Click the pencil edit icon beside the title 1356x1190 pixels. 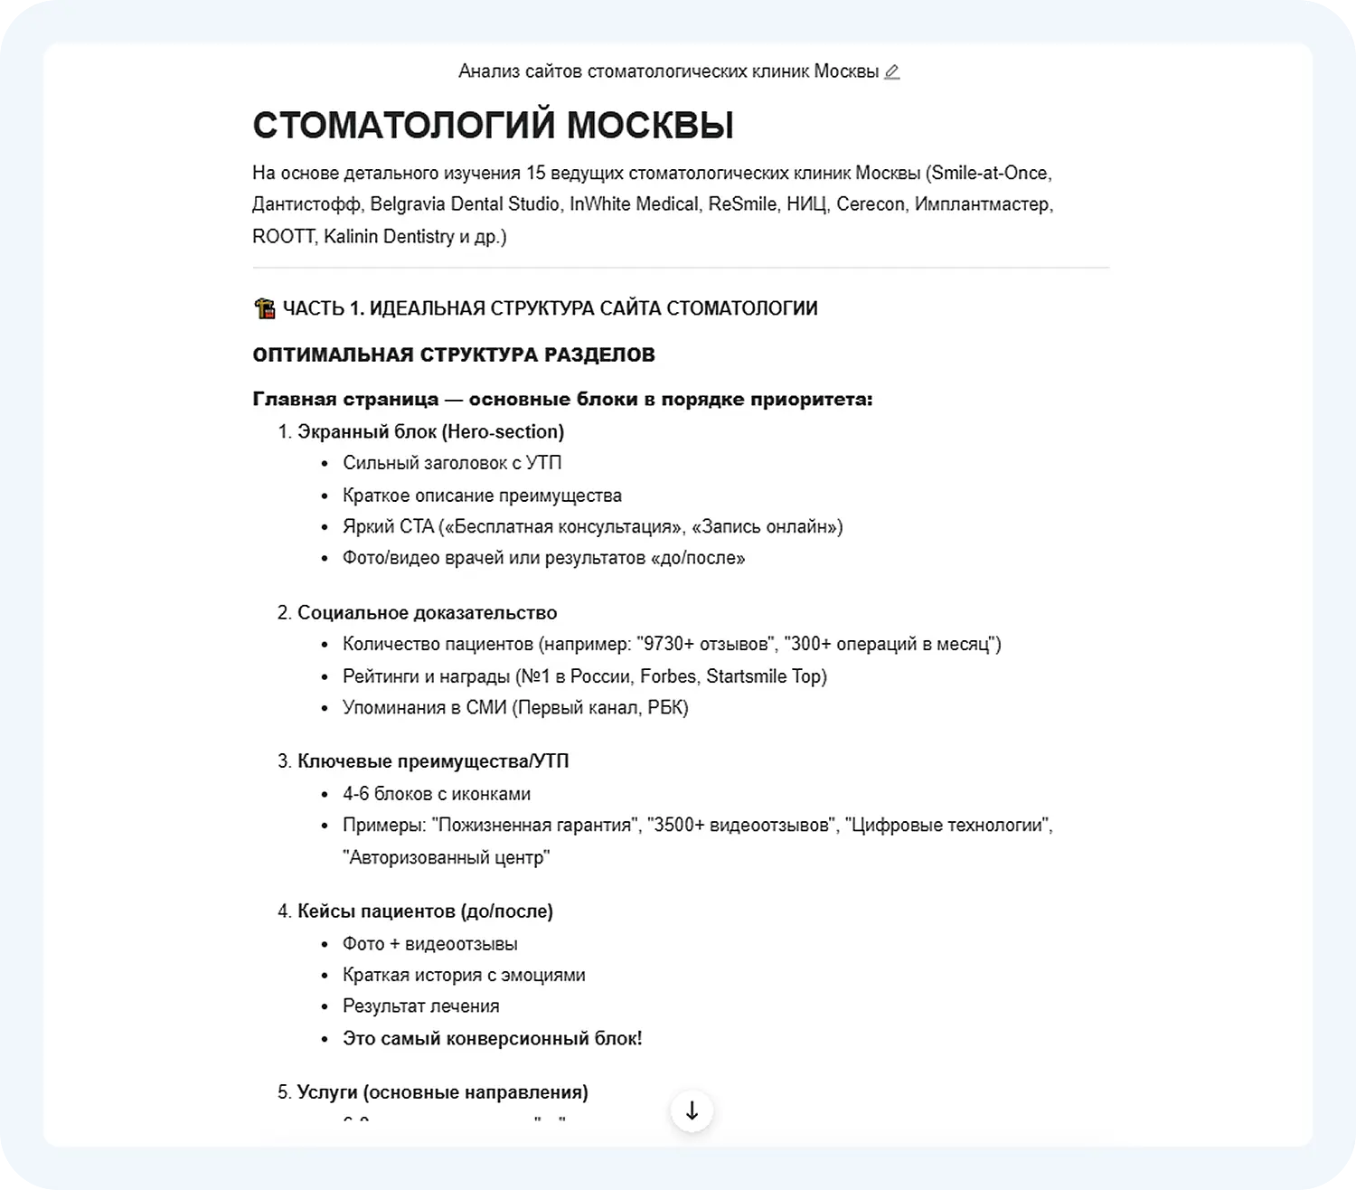point(891,71)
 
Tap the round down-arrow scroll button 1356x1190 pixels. point(692,1110)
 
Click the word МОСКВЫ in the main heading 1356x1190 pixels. point(650,126)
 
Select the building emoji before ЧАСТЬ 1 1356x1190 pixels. point(264,308)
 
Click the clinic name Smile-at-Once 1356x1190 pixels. point(990,173)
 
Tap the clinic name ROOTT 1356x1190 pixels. point(283,237)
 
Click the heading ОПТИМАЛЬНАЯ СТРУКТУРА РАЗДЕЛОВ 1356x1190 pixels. point(454,354)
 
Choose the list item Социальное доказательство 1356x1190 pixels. point(427,613)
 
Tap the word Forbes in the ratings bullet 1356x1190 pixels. point(668,676)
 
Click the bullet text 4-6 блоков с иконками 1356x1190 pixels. point(436,794)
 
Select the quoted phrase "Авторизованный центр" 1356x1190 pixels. point(446,857)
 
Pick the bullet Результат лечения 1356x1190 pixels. point(420,1006)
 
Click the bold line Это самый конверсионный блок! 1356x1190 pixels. point(492,1038)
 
